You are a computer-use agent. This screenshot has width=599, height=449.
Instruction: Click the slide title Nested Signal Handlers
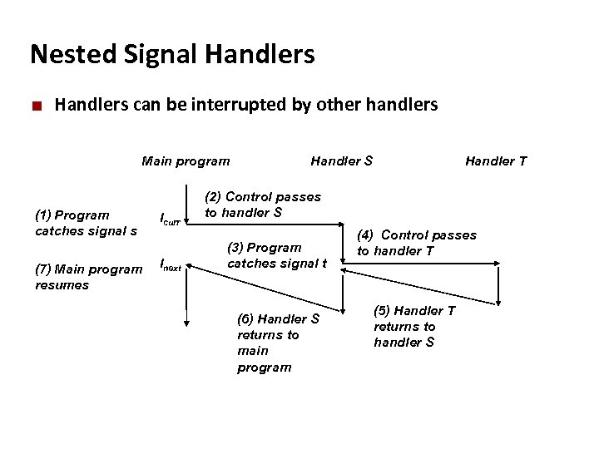[172, 55]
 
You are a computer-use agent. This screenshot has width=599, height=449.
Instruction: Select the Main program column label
[186, 160]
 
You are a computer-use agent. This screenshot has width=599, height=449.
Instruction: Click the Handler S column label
[341, 160]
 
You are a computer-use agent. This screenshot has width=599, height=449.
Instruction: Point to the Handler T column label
[495, 160]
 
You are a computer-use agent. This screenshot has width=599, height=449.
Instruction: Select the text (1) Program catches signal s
[86, 223]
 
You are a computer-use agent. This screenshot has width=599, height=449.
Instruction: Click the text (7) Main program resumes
[88, 276]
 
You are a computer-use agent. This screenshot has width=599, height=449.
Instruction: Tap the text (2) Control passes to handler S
[263, 205]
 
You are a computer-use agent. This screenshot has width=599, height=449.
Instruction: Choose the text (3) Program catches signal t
[277, 255]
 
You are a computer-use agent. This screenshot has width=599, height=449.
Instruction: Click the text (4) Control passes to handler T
[417, 243]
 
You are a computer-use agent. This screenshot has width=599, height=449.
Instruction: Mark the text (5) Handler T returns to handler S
[414, 326]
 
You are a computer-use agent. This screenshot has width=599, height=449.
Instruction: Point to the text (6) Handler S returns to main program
[278, 343]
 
